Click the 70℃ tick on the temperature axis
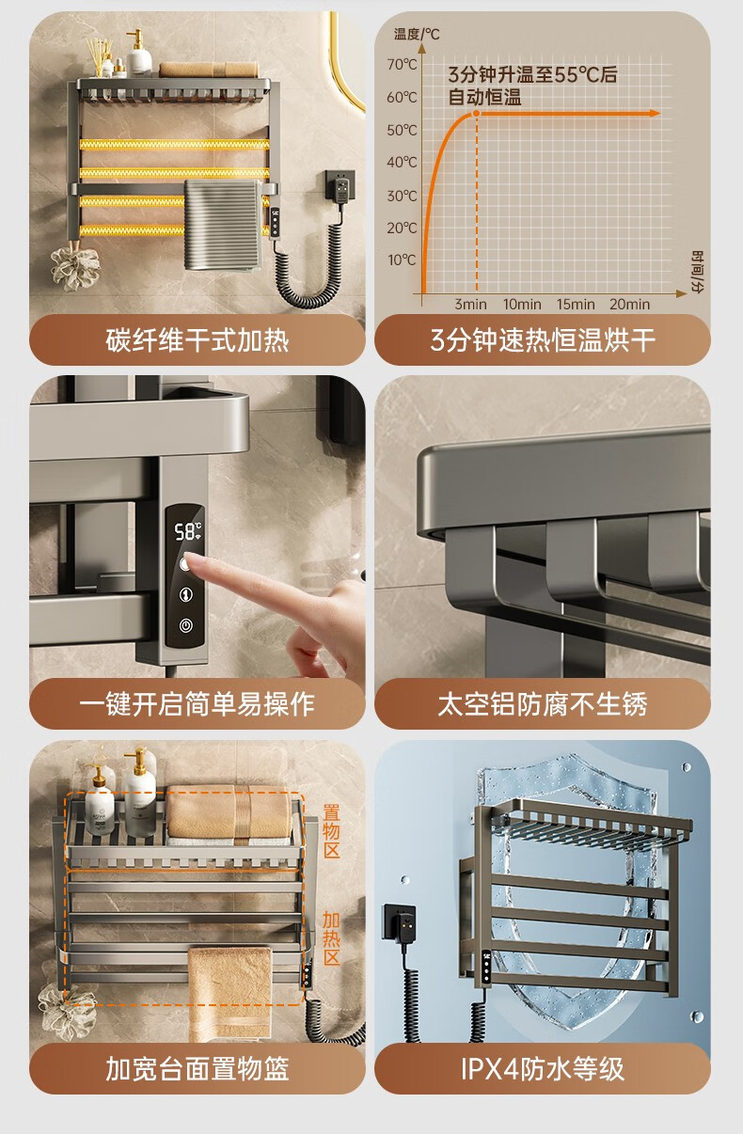pyautogui.click(x=403, y=65)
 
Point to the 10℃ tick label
pyautogui.click(x=403, y=260)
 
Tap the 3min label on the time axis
pyautogui.click(x=470, y=305)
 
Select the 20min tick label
pyautogui.click(x=629, y=305)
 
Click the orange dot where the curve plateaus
pyautogui.click(x=476, y=114)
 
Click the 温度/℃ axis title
pyautogui.click(x=417, y=35)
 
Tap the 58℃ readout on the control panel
pyautogui.click(x=187, y=531)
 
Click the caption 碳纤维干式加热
pyautogui.click(x=197, y=339)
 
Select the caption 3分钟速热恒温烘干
pyautogui.click(x=543, y=339)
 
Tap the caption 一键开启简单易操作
pyautogui.click(x=197, y=704)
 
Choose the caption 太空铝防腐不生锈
pyautogui.click(x=543, y=704)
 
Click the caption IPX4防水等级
pyautogui.click(x=543, y=1069)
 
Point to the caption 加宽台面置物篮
pyautogui.click(x=197, y=1069)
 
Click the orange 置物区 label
pyautogui.click(x=332, y=831)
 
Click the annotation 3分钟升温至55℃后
pyautogui.click(x=532, y=75)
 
